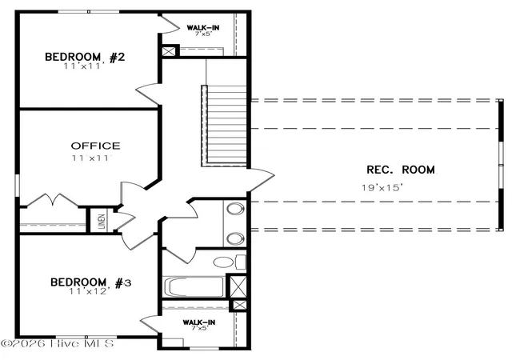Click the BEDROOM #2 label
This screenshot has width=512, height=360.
(x=85, y=57)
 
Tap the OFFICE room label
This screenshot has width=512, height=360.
(x=96, y=146)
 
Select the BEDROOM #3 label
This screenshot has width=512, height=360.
(x=90, y=282)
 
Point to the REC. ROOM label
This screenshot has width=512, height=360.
(x=401, y=170)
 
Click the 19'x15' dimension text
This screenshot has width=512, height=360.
(x=382, y=187)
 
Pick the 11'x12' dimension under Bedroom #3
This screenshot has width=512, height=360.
(x=89, y=291)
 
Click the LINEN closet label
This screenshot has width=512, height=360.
(x=102, y=221)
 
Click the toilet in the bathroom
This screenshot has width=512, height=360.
(x=230, y=262)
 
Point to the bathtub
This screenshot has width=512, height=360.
(x=194, y=287)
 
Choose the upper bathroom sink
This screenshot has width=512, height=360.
(x=235, y=209)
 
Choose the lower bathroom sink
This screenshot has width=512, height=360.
(x=235, y=238)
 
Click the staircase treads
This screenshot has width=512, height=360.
(x=226, y=124)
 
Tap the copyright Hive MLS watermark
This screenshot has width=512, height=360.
(x=57, y=344)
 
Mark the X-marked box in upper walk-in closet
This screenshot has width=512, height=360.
(x=169, y=52)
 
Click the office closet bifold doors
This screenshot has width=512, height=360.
(x=52, y=200)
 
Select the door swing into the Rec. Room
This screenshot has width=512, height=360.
(x=262, y=180)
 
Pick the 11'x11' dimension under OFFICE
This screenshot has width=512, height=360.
(x=92, y=158)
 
